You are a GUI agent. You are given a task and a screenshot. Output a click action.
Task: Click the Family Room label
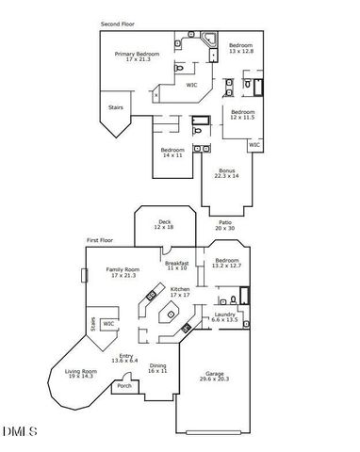[123, 273]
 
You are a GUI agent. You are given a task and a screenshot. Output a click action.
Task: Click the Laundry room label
[224, 316]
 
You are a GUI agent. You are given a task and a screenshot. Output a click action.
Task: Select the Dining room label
[157, 368]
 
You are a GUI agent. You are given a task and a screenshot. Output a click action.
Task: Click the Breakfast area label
[177, 266]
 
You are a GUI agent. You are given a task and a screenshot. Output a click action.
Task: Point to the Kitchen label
[178, 292]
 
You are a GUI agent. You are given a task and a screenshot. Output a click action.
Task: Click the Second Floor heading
[118, 24]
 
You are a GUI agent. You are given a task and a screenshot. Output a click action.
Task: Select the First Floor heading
[100, 241]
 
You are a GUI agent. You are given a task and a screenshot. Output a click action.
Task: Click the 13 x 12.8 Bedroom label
[240, 48]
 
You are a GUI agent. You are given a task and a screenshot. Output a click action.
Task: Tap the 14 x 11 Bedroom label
[172, 153]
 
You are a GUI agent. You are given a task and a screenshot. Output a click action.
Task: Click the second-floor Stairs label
[116, 107]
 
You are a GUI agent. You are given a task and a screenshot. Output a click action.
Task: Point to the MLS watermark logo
[17, 431]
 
